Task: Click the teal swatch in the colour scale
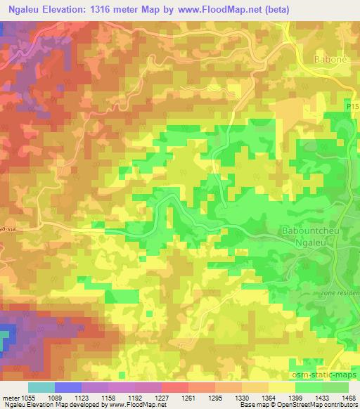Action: coord(41,387)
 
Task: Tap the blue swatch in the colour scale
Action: coord(68,387)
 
